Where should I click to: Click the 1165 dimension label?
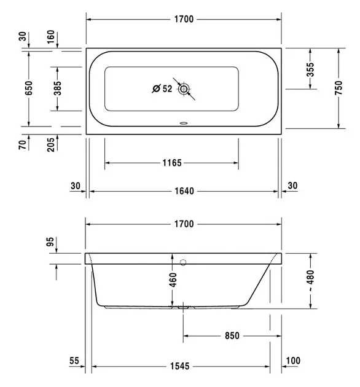point(172,163)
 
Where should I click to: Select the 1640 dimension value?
point(184,191)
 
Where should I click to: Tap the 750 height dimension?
point(338,88)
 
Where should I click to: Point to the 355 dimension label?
point(310,69)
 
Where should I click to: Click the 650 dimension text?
point(29,88)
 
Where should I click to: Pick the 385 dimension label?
point(57,88)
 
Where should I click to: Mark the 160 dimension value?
point(50,37)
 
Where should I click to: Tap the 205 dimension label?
point(50,144)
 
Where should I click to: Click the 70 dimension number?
point(22,144)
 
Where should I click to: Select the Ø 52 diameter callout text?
point(162,88)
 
